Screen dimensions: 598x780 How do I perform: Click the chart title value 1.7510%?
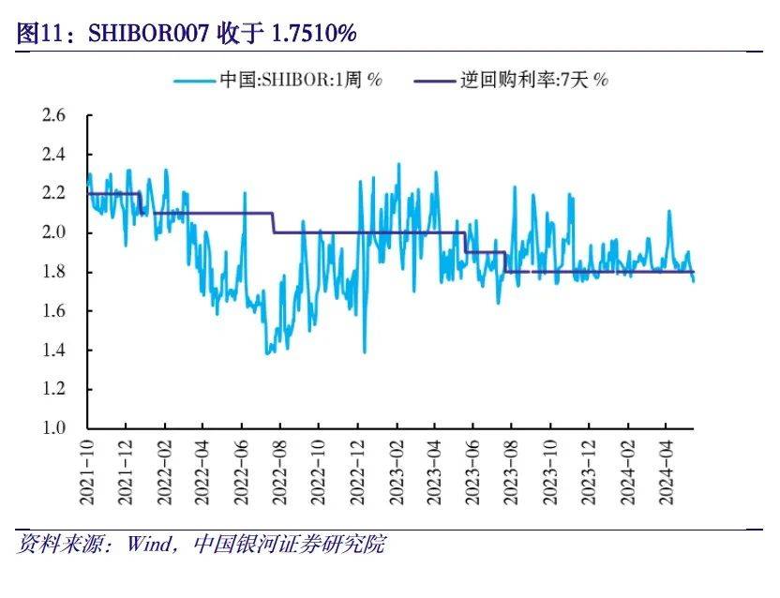point(313,34)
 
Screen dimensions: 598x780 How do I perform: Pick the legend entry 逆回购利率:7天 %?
point(534,80)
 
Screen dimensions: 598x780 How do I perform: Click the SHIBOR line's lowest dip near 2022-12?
point(364,351)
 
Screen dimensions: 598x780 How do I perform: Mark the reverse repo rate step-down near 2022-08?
point(275,223)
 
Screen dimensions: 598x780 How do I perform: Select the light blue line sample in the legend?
point(194,80)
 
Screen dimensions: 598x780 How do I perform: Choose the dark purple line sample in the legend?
point(434,80)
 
